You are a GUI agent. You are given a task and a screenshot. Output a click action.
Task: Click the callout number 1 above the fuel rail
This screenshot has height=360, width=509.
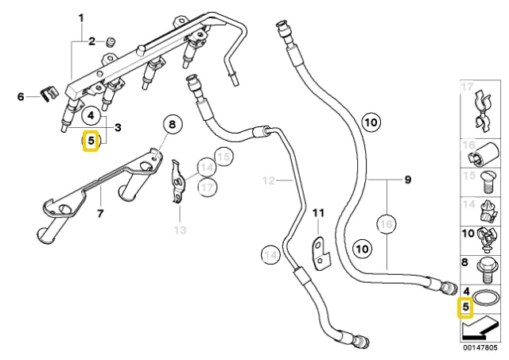pyautogui.click(x=81, y=18)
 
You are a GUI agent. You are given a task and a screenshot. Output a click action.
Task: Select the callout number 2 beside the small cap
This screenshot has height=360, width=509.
pyautogui.click(x=92, y=41)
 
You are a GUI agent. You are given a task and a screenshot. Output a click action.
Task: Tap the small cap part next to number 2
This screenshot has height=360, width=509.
pyautogui.click(x=111, y=42)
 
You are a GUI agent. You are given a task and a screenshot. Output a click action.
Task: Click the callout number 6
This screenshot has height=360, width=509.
pyautogui.click(x=21, y=96)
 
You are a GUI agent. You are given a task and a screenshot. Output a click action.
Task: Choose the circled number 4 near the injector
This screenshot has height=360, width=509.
pyautogui.click(x=91, y=115)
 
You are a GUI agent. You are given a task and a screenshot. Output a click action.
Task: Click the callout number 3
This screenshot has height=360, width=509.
pyautogui.click(x=118, y=127)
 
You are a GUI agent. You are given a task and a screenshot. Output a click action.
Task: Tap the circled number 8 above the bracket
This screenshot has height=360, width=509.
pyautogui.click(x=172, y=124)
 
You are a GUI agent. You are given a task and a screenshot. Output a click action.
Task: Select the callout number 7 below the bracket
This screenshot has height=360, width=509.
pyautogui.click(x=100, y=213)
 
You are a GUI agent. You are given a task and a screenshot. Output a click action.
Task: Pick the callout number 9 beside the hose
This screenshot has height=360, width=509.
pyautogui.click(x=408, y=180)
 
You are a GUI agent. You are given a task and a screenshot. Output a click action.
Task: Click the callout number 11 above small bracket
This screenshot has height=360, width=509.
pyautogui.click(x=318, y=213)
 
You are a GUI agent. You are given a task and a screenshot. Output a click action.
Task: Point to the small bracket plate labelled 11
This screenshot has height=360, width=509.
pyautogui.click(x=321, y=254)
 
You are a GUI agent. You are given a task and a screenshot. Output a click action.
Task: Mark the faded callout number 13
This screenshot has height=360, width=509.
pyautogui.click(x=181, y=230)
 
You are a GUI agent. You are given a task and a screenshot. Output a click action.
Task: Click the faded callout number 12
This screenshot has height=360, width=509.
pyautogui.click(x=269, y=180)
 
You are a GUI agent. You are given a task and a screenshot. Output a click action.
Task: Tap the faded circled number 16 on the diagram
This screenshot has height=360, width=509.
pyautogui.click(x=387, y=224)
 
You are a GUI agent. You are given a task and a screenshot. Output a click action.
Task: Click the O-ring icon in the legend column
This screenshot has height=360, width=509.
pyautogui.click(x=485, y=297)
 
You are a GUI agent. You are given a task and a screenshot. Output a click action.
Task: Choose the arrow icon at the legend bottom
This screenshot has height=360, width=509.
pyautogui.click(x=480, y=328)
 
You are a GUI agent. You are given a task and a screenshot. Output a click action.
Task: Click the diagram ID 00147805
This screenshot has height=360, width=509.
pyautogui.click(x=480, y=347)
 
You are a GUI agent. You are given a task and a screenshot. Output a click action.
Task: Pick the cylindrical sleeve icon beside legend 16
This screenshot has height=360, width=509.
pyautogui.click(x=484, y=153)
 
